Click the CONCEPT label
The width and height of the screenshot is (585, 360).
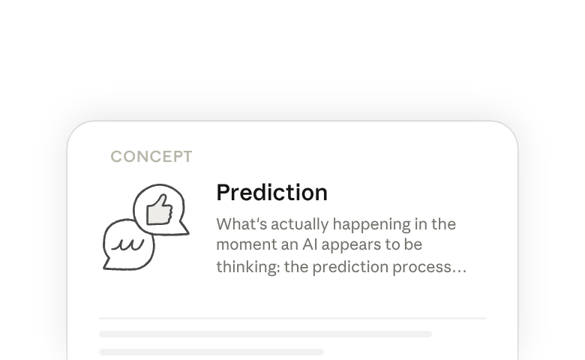point(151,157)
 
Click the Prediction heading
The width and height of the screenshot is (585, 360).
point(272,193)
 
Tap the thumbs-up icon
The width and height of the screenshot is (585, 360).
point(159,210)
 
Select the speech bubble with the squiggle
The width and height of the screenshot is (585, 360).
point(128,245)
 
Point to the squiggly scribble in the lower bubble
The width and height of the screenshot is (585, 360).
point(127,244)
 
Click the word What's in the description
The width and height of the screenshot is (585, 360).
point(241,224)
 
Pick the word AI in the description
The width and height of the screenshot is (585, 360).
point(310,244)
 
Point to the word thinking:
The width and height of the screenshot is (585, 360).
point(248,267)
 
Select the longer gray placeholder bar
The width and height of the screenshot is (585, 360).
point(265,334)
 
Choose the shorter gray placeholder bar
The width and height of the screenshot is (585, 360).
point(211,352)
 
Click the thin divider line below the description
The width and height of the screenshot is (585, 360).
point(292,318)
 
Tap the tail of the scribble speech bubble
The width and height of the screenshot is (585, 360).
point(107,264)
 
